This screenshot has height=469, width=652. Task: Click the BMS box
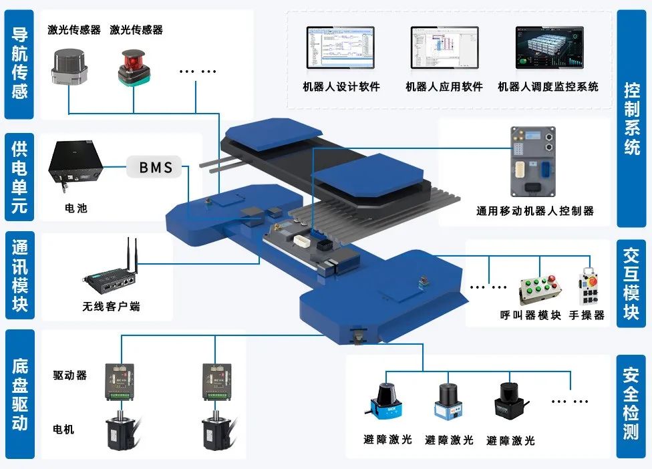156,167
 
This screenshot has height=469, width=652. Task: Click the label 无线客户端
111,307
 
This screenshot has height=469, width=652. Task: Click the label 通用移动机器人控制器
534,210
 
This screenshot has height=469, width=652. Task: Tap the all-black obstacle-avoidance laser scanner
510,402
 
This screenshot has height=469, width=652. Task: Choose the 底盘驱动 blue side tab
20,394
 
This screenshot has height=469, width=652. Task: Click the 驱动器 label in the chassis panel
70,375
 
